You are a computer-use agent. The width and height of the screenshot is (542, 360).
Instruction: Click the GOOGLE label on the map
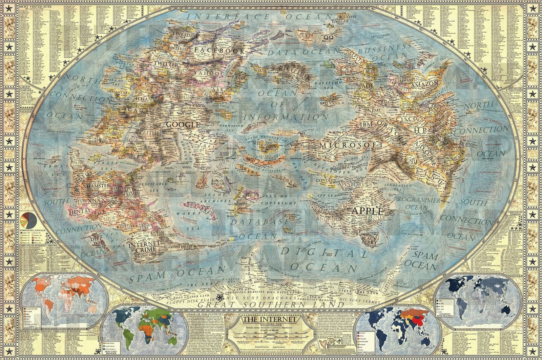click(x=183, y=124)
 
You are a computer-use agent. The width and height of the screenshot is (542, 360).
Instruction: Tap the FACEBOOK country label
click(x=219, y=51)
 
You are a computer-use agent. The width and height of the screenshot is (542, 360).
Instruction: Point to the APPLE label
click(x=368, y=211)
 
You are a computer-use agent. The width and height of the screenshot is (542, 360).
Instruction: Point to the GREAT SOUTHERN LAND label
click(x=271, y=304)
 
